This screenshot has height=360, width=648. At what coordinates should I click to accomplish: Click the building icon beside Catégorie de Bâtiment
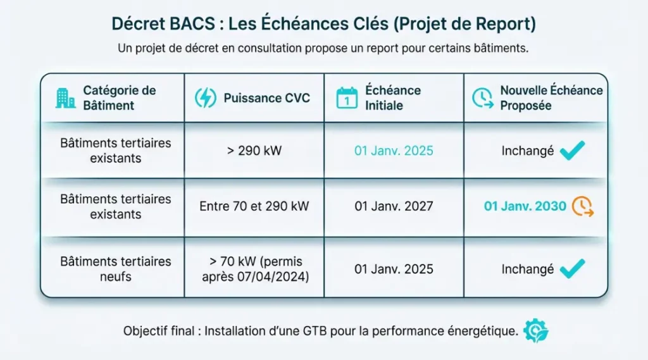coord(65,98)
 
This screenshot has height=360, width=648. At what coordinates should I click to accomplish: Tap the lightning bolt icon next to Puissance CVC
coord(205,98)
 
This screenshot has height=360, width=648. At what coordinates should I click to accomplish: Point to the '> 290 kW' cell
coord(254,151)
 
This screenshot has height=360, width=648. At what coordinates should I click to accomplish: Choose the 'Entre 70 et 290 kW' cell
coord(254,206)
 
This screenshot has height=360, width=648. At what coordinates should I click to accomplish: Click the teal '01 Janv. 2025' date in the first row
coord(394,151)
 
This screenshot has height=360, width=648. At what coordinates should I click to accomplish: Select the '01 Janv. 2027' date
coord(394,206)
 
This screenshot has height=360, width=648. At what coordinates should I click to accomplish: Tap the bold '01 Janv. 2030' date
coord(525,206)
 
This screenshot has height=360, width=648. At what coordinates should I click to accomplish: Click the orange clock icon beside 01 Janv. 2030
coord(582,207)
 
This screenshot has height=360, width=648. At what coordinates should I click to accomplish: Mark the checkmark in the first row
coord(572,151)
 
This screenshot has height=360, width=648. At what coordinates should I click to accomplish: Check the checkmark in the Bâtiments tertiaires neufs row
coord(572,268)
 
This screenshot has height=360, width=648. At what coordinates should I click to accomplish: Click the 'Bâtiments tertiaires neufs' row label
coord(115,268)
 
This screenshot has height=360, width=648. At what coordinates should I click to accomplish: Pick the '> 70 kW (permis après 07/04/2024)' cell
coord(254,268)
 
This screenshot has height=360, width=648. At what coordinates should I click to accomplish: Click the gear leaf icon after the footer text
coord(535,332)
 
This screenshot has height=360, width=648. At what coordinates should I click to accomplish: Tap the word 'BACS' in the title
coord(190,23)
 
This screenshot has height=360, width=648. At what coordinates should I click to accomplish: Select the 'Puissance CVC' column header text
coord(266,99)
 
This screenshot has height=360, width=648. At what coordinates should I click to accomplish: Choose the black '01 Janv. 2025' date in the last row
coord(394,269)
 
